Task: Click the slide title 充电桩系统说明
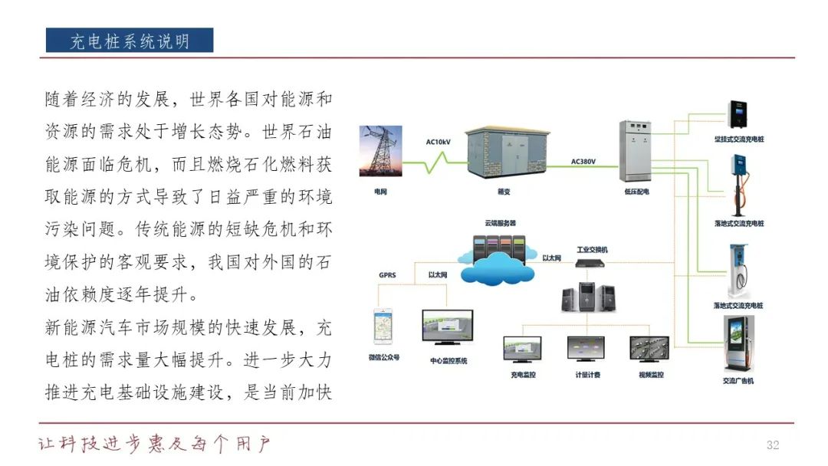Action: [x=129, y=41]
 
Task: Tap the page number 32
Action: [x=772, y=446]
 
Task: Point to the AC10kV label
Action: [x=439, y=142]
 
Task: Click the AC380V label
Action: [x=583, y=162]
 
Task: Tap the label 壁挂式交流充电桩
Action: [x=738, y=139]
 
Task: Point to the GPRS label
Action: [x=387, y=274]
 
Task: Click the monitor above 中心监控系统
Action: [x=448, y=328]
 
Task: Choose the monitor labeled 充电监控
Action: [x=522, y=349]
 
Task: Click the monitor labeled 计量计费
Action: [x=586, y=349]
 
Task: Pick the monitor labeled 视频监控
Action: [x=651, y=349]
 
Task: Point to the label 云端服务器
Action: [x=500, y=223]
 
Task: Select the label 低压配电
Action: [x=636, y=192]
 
